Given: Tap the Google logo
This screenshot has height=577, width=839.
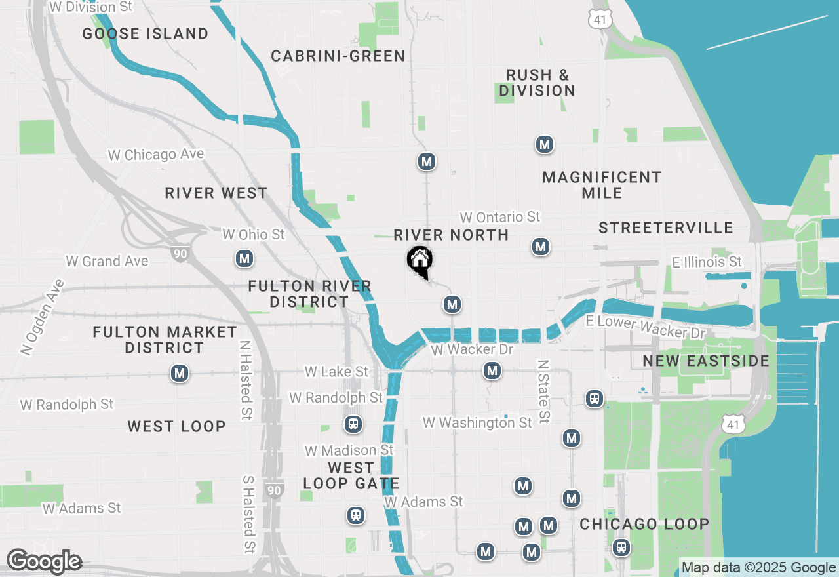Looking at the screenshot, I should tap(44, 562).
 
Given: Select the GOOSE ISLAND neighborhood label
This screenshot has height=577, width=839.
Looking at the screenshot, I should tap(146, 33).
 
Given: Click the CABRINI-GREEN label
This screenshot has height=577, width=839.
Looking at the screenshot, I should tap(338, 56).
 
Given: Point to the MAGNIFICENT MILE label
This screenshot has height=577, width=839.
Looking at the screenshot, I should tap(602, 185).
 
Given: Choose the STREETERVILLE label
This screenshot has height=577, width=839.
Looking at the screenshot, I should tap(665, 228).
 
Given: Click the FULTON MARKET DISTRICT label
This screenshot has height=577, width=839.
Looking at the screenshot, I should tap(165, 340).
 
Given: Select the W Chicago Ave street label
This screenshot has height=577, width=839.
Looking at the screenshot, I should tap(156, 155).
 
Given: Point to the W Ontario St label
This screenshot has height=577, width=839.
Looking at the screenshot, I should tap(500, 217).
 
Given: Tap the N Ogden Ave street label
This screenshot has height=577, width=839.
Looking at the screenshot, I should tap(43, 317).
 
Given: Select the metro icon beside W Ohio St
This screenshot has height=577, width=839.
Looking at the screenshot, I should tap(244, 258).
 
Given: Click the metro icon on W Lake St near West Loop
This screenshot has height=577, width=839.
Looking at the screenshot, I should tap(180, 374).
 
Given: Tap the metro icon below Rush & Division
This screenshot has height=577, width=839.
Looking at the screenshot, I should tap(544, 144).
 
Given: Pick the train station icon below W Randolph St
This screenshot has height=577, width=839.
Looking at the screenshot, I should tap(353, 425).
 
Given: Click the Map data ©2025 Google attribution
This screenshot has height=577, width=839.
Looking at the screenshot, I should tap(758, 568).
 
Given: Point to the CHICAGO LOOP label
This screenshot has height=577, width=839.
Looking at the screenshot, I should tap(644, 525).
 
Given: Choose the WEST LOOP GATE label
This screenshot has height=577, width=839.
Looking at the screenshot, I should tap(351, 476).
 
